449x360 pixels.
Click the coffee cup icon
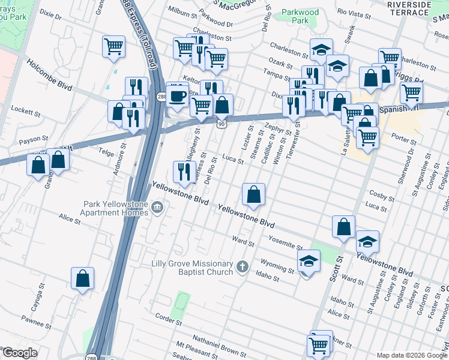[177, 95]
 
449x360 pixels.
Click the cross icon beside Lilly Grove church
[243, 266]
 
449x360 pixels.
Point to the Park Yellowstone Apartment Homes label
[115, 208]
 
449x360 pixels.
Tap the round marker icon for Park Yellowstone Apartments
[158, 208]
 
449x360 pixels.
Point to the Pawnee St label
[34, 324]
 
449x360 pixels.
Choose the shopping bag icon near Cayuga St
[82, 278]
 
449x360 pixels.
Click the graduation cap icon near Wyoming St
[309, 262]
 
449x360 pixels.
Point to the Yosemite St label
[286, 244]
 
